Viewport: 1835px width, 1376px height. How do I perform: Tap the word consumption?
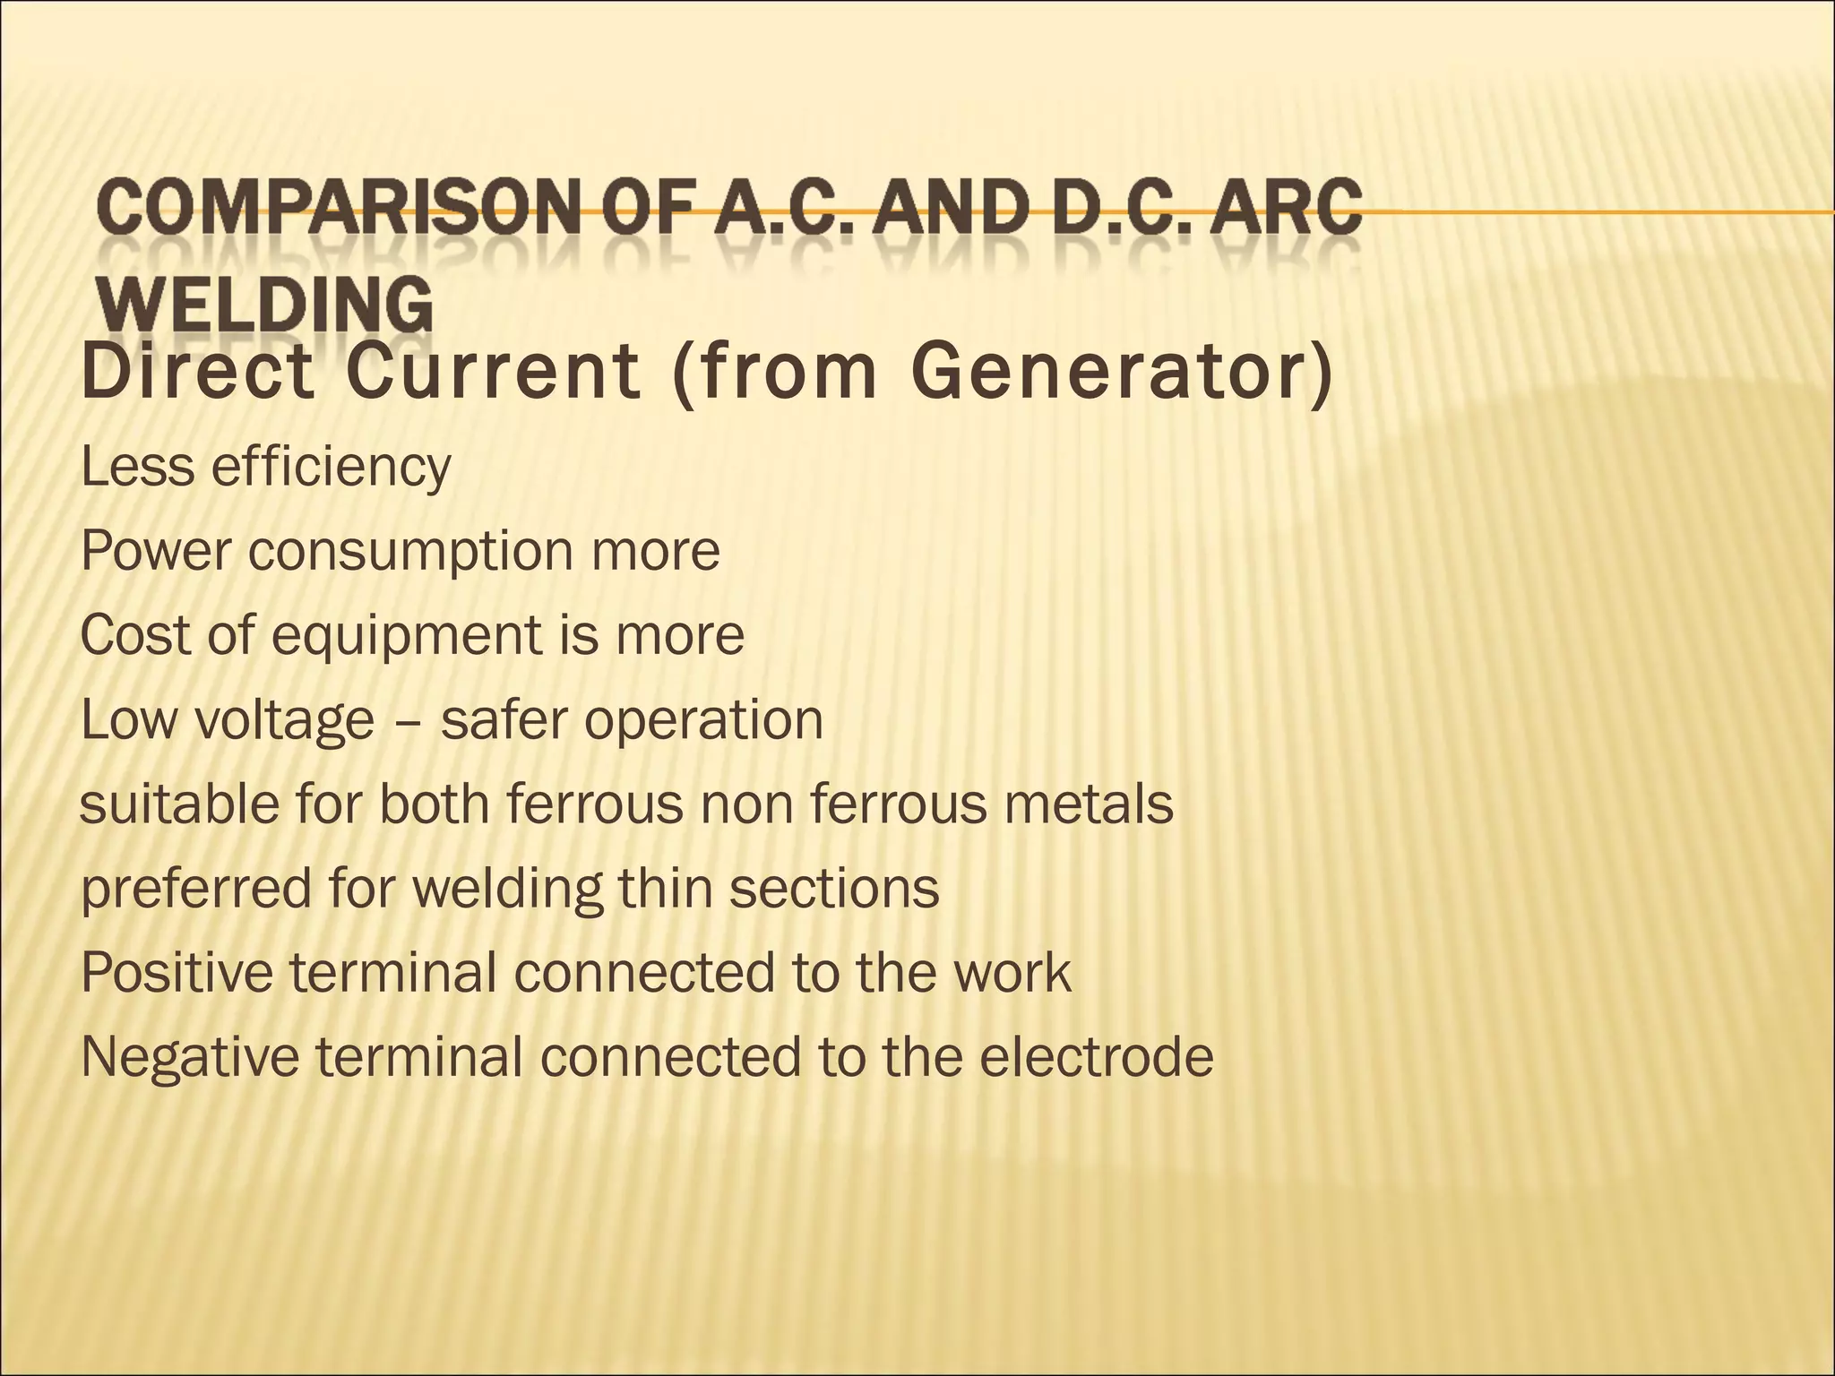[410, 551]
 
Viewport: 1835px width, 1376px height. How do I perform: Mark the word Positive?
[177, 972]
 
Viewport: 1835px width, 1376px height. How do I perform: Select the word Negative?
[190, 1056]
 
